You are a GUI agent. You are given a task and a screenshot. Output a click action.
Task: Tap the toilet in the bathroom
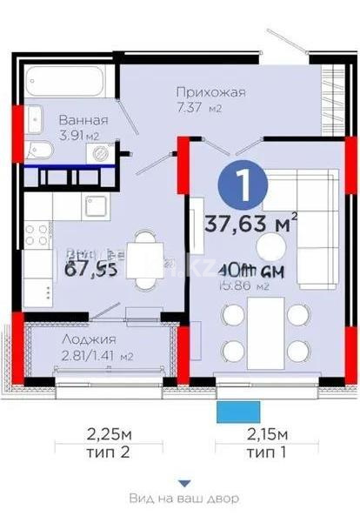click(39, 150)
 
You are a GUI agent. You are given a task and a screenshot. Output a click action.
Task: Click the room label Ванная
click(83, 120)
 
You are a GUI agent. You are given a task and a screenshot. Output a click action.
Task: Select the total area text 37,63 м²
click(250, 224)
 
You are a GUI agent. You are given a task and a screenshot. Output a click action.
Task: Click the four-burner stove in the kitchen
click(38, 236)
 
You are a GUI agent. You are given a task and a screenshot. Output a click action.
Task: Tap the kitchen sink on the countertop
click(93, 207)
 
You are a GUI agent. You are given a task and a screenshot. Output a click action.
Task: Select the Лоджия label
click(84, 340)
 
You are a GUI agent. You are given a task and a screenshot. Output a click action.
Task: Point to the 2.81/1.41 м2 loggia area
click(84, 355)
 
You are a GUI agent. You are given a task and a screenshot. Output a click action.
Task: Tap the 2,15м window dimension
click(263, 432)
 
